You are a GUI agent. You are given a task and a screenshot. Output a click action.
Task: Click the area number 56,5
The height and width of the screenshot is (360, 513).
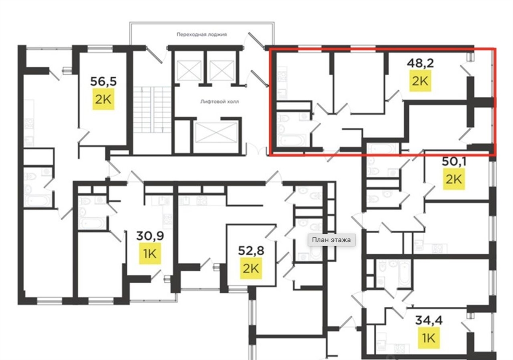[x=103, y=82]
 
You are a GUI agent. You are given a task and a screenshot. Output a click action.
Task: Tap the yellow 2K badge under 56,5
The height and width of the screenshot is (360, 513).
[x=103, y=99]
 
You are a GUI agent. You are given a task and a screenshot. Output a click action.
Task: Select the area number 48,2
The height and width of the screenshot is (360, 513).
[x=420, y=63]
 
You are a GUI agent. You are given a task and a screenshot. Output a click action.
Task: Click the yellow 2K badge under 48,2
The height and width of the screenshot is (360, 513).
[x=420, y=81]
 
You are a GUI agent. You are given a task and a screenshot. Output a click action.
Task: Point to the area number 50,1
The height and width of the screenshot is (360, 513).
[x=454, y=161]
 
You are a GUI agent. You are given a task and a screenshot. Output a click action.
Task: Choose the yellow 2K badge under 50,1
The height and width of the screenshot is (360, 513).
[x=454, y=179]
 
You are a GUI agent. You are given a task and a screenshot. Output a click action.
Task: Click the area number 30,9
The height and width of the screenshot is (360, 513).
[x=150, y=236]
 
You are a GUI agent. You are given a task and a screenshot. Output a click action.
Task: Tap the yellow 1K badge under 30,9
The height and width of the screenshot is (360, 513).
[x=150, y=253]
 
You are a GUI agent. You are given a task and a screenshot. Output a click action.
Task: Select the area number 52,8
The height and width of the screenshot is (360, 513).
[x=251, y=251]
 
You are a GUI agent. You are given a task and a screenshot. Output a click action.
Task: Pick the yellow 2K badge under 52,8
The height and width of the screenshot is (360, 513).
[x=251, y=268]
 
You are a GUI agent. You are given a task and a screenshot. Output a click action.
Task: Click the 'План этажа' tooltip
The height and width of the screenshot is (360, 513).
[x=332, y=240]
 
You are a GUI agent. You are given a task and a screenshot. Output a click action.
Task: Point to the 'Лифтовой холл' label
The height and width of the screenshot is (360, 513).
[x=219, y=102]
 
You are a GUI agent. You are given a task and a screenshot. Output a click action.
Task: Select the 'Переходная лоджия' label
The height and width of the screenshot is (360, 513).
[x=202, y=34]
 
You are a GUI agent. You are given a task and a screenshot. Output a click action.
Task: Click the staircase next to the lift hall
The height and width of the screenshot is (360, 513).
[x=152, y=109]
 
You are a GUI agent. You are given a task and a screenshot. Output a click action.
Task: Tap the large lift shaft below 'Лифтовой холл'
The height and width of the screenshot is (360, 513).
[x=216, y=132]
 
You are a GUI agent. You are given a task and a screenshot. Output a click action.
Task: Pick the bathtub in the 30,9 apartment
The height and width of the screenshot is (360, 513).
[x=93, y=224]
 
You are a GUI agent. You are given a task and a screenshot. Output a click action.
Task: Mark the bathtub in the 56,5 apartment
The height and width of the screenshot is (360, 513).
[x=39, y=201]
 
